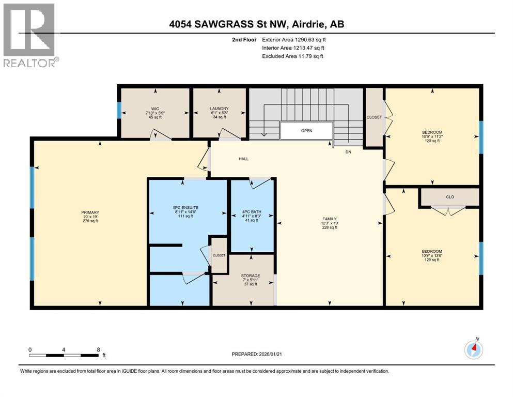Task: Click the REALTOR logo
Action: (x=30, y=35)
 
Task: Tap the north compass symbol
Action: (x=474, y=349)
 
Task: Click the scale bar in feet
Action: (x=64, y=355)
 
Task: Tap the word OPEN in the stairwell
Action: (x=307, y=131)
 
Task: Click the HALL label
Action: (x=243, y=159)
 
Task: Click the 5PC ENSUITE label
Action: (x=186, y=208)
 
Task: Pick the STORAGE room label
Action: (x=251, y=276)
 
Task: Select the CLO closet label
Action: (x=449, y=196)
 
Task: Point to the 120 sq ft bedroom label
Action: (x=432, y=136)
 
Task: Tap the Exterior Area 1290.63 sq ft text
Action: (x=294, y=39)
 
